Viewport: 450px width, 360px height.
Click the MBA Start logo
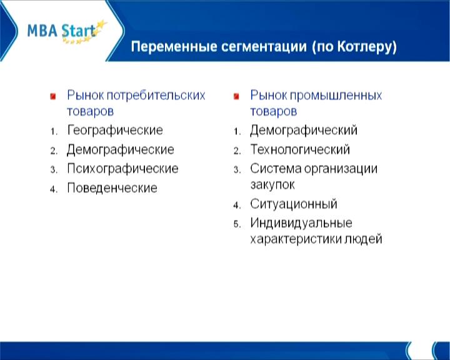pyautogui.click(x=67, y=31)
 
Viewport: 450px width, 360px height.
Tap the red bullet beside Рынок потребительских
pyautogui.click(x=52, y=96)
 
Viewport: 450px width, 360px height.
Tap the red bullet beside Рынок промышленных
pyautogui.click(x=236, y=96)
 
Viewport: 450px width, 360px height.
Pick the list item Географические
pyautogui.click(x=115, y=130)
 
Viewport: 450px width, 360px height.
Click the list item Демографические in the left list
pyautogui.click(x=121, y=149)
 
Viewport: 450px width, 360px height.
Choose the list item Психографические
pyautogui.click(x=122, y=169)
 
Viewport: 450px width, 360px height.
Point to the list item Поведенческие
pyautogui.click(x=112, y=188)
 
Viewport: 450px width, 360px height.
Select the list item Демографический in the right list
pyautogui.click(x=304, y=131)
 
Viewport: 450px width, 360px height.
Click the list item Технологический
pyautogui.click(x=300, y=149)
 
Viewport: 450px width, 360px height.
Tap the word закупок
pyautogui.click(x=272, y=185)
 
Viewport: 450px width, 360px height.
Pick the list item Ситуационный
pyautogui.click(x=294, y=204)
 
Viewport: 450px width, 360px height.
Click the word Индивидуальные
pyautogui.click(x=301, y=223)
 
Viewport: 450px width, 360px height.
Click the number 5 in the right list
pyautogui.click(x=237, y=224)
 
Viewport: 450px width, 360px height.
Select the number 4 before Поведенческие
pyautogui.click(x=53, y=189)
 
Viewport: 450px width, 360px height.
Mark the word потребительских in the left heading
pyautogui.click(x=156, y=95)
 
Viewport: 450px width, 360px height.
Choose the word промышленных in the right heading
pyautogui.click(x=336, y=95)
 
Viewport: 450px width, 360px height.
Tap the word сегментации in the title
pyautogui.click(x=264, y=46)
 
